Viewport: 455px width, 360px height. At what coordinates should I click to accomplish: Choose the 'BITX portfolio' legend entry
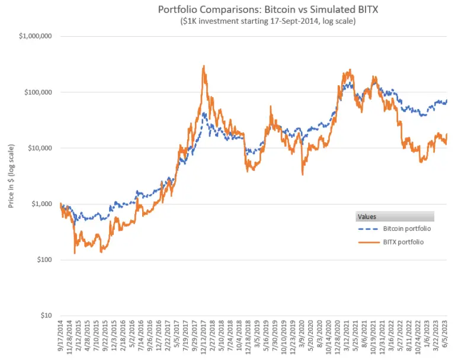[402, 242]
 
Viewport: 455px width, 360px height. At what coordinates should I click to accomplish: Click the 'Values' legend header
[366, 217]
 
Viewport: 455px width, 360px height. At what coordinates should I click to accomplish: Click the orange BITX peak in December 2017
[204, 66]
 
